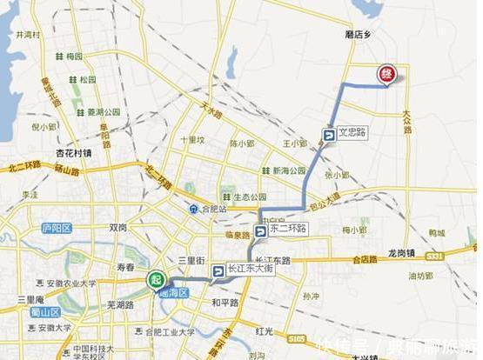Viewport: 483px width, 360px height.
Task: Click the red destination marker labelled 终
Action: (x=384, y=75)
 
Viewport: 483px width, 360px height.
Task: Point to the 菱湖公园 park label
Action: (x=104, y=111)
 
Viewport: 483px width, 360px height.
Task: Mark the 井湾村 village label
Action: (x=28, y=36)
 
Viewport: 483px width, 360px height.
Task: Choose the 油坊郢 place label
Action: (x=420, y=276)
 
